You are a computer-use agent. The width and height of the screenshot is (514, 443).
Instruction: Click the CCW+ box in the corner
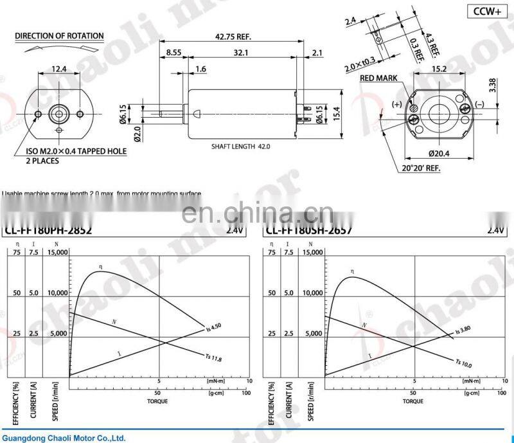click(x=487, y=12)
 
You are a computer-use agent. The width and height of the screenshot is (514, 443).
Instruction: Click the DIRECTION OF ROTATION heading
click(x=58, y=36)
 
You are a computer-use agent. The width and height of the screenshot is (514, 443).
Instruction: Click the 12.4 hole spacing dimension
click(x=59, y=69)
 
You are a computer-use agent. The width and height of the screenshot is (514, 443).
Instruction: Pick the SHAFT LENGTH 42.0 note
click(x=241, y=147)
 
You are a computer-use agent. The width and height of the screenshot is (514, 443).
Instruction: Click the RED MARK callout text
click(x=378, y=78)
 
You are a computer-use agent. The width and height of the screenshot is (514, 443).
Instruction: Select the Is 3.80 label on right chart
click(x=463, y=332)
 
